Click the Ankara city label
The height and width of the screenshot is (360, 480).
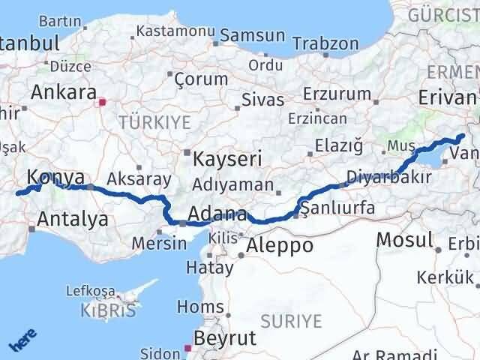(64, 93)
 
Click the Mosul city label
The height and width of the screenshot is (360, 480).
(405, 240)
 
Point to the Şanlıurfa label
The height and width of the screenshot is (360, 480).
(337, 208)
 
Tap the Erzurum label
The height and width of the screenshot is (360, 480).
(337, 94)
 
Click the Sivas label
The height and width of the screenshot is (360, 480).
(262, 100)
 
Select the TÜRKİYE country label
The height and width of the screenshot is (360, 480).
(155, 120)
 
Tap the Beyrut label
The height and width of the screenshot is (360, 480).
(224, 337)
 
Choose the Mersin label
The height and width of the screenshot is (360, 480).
(159, 243)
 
